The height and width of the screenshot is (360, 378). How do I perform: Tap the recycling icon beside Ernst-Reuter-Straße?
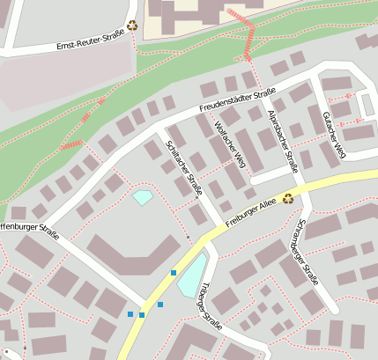[x=132, y=26]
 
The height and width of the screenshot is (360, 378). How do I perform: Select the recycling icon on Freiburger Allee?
[x=288, y=199]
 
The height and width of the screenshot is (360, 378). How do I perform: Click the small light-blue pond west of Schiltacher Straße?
[x=143, y=196]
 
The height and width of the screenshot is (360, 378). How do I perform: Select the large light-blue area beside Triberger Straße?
[x=192, y=276]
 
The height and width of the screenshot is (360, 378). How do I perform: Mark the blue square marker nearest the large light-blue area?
[x=174, y=273]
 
